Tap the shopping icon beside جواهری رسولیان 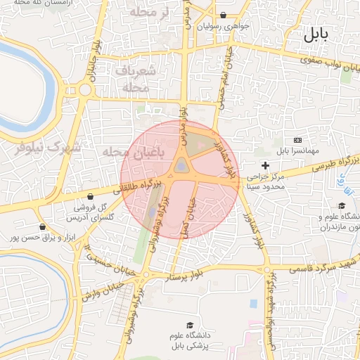(223, 15)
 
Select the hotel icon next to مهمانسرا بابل (296, 140)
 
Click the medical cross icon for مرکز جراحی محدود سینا (264, 165)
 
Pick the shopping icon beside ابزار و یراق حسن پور (43, 227)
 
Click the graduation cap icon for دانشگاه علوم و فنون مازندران (342, 205)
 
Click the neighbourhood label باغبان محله (127, 152)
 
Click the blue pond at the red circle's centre (181, 166)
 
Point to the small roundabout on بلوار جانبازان (86, 89)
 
